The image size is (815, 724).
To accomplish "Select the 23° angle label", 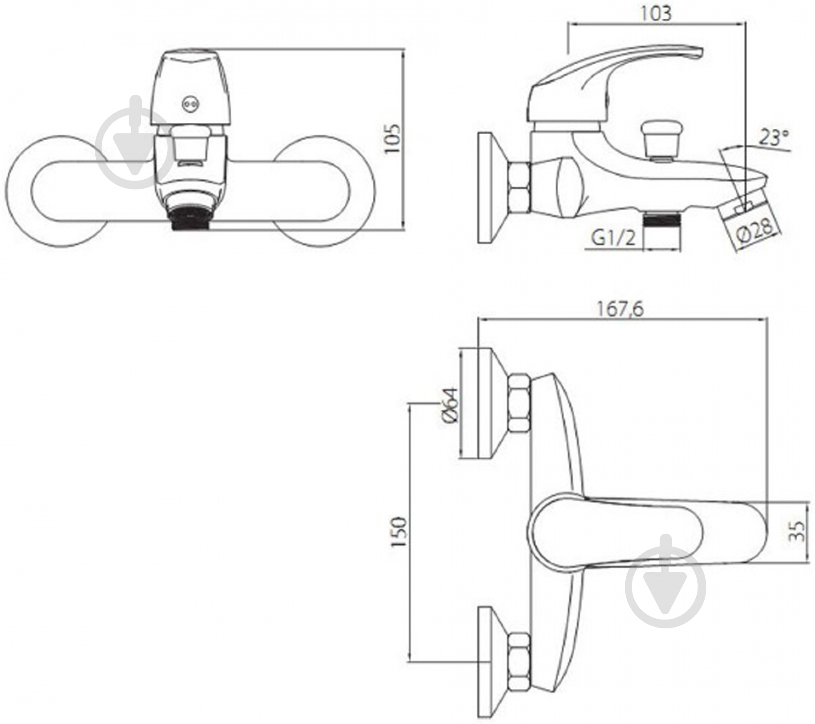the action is [x=774, y=138].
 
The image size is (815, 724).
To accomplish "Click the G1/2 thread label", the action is [x=614, y=238].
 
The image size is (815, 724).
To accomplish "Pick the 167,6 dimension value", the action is [x=620, y=309].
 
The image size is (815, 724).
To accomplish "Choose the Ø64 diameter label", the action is [x=450, y=404].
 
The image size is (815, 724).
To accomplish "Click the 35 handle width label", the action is [x=796, y=531].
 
